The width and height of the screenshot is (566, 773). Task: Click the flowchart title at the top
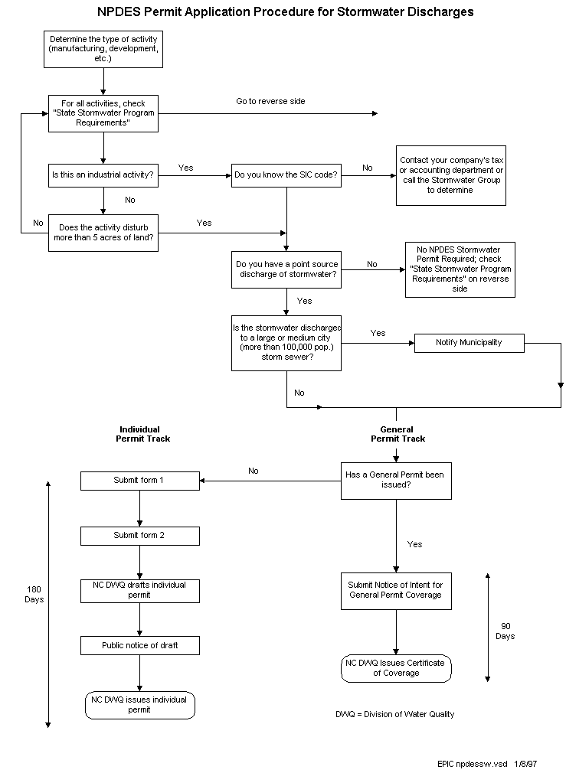285,11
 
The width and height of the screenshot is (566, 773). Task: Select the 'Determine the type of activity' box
103,49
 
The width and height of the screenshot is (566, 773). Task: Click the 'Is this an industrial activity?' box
103,174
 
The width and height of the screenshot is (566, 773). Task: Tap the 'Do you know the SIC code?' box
286,174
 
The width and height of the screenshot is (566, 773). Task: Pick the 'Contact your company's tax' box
451,175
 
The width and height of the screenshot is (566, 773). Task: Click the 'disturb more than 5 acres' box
103,233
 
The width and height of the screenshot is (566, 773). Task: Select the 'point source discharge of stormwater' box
286,269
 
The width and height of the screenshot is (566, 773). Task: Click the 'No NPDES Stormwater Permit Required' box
460,269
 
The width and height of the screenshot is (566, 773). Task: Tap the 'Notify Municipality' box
469,342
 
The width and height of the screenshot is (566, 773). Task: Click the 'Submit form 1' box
139,481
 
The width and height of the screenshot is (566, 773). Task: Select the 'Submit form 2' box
139,536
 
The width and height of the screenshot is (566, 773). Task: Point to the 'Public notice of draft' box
139,645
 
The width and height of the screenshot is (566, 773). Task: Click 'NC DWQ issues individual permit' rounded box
139,705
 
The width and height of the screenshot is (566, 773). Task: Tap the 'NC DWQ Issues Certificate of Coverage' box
396,667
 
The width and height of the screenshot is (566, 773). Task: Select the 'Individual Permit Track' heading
142,434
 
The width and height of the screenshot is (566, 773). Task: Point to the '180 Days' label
34,594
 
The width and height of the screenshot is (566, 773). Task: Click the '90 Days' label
505,631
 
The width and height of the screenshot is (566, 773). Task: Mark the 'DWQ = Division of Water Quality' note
394,714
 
